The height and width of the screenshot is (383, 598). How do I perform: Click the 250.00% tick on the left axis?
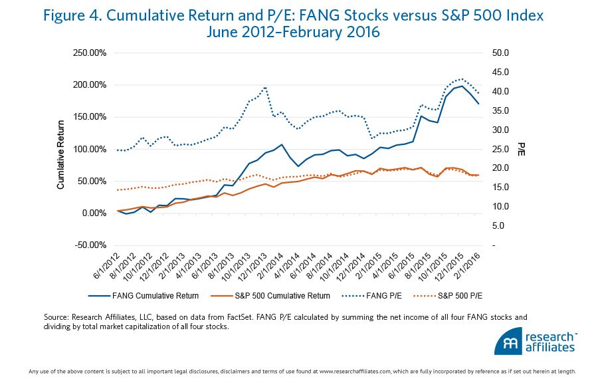[90, 53]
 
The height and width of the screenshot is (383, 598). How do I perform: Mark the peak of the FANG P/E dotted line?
[462, 78]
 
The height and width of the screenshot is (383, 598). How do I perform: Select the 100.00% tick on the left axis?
[90, 149]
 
